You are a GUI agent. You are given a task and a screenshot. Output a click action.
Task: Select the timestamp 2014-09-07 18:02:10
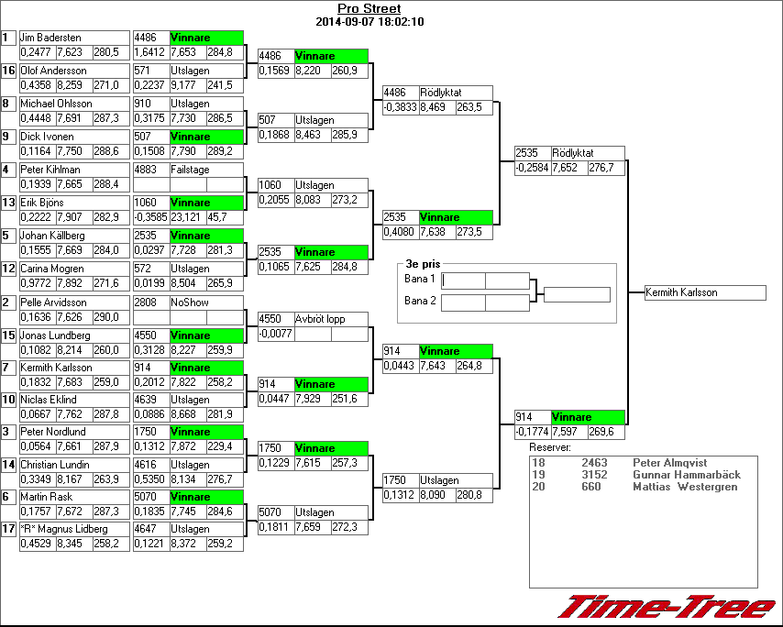[369, 21]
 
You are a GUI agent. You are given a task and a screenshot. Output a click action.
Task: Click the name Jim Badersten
[50, 38]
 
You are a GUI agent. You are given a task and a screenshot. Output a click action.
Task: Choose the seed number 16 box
[8, 71]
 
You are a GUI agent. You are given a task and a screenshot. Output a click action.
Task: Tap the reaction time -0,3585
[151, 218]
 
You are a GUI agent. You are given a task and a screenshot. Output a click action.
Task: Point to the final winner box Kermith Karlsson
[705, 292]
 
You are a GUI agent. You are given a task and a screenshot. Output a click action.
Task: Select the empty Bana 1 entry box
[485, 280]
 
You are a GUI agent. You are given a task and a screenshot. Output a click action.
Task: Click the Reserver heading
[550, 447]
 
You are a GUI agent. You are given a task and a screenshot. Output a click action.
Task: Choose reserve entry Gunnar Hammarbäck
[687, 475]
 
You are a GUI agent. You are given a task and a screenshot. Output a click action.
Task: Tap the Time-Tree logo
[667, 607]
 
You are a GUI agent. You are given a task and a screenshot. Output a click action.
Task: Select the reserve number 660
[590, 487]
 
